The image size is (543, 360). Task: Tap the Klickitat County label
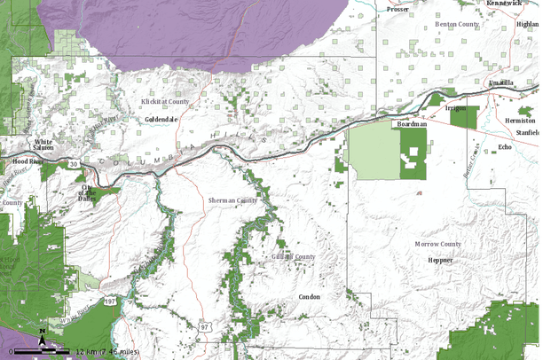165,102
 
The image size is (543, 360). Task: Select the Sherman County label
232,200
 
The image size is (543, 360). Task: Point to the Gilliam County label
294,257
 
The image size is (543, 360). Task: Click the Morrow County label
437,243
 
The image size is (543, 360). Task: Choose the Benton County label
456,24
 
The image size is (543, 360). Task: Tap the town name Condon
309,297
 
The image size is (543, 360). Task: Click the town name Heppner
440,260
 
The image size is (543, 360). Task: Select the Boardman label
412,125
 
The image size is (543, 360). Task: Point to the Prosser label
397,10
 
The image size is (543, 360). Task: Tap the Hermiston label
520,120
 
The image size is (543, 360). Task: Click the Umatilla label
501,82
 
